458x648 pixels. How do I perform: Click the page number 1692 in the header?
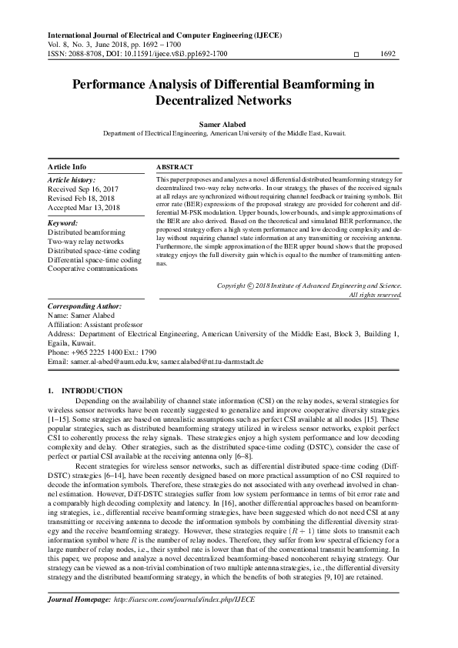tap(388, 55)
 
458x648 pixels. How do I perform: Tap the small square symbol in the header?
tap(355, 55)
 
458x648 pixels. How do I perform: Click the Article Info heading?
tap(67, 166)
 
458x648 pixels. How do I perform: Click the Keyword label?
tap(63, 222)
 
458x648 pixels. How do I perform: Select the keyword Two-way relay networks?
tap(85, 240)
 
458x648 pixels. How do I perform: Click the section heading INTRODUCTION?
tap(92, 391)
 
